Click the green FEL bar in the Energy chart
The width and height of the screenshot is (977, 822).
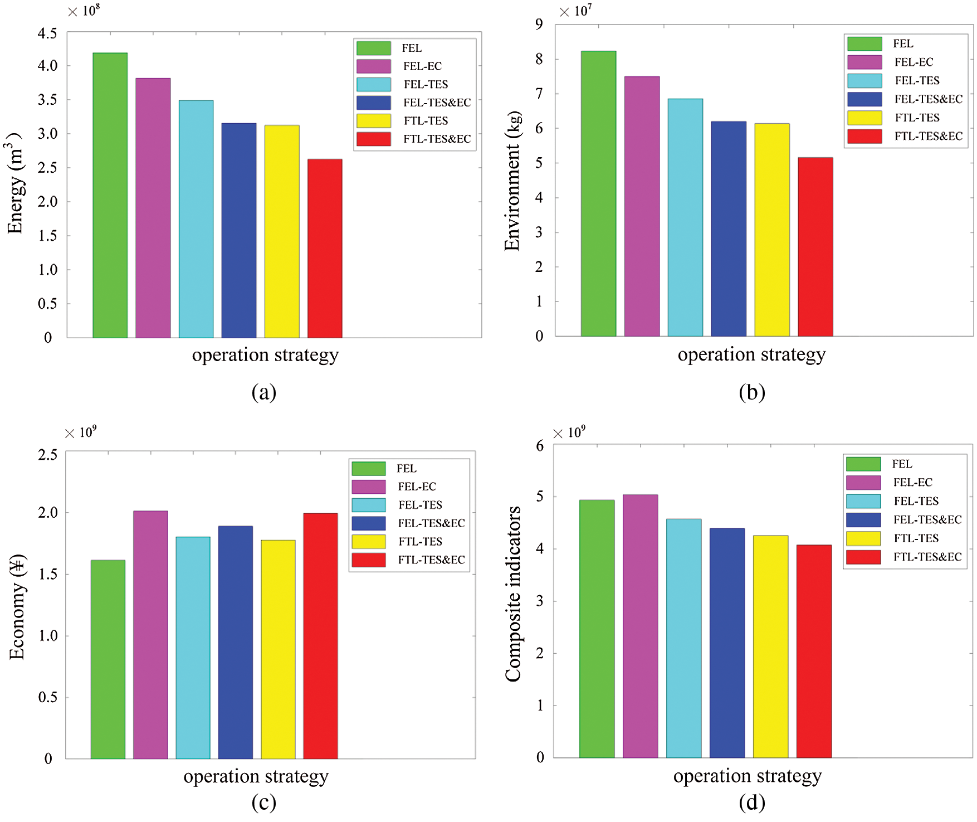110,195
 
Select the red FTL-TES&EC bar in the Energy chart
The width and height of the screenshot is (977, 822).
325,248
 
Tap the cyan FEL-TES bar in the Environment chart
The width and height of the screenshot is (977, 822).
685,217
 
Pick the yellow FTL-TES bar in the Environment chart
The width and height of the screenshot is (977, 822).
772,230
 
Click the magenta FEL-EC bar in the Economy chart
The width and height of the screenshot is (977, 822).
150,635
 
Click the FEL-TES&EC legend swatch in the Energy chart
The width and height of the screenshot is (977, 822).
373,103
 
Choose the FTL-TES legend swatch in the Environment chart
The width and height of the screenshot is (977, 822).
864,118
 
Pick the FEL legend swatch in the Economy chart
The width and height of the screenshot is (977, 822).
368,468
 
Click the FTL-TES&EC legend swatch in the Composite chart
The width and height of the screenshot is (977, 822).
863,557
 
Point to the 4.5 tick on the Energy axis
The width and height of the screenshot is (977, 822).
47,33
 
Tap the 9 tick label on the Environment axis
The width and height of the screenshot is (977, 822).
539,24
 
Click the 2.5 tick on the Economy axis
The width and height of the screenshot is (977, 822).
47,455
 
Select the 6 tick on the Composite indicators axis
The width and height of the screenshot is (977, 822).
539,446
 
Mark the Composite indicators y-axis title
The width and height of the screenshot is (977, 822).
512,594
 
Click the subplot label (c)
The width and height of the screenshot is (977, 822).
263,802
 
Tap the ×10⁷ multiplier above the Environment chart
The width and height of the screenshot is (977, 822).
576,11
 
